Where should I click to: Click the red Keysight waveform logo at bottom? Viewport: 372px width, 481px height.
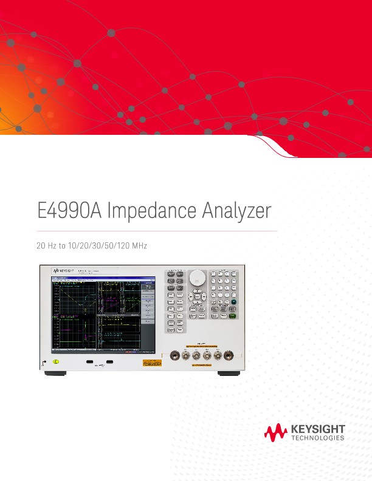275,432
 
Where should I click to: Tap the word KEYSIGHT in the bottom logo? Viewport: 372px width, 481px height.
318,429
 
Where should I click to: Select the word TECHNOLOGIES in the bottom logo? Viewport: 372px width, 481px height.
318,438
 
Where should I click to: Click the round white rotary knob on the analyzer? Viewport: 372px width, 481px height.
197,278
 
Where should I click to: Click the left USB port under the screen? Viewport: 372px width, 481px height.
90,363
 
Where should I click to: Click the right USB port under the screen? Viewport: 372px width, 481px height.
109,363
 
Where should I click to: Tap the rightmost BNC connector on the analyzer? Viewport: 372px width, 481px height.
229,357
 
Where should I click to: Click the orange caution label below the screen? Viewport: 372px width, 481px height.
152,363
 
